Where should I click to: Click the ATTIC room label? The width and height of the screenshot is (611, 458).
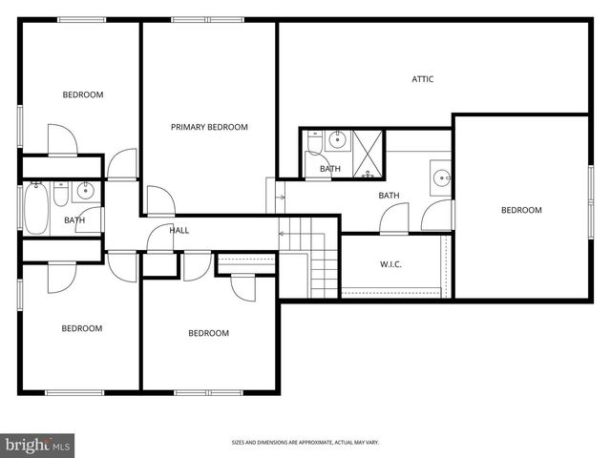(x=422, y=79)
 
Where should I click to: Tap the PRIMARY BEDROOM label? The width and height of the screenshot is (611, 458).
(x=209, y=127)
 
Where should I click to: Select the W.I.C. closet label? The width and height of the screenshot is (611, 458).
(x=390, y=264)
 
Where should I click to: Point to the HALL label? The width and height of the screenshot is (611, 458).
(x=179, y=230)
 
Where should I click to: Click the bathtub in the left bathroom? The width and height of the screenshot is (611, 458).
(x=37, y=208)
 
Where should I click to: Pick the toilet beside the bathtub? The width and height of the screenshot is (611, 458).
(x=60, y=196)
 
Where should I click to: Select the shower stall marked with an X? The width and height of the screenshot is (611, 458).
(x=368, y=148)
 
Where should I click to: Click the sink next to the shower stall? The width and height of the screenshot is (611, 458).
(x=337, y=141)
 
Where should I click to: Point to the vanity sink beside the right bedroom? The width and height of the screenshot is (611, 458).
(x=441, y=177)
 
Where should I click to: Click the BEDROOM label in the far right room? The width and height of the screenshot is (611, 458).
(x=521, y=210)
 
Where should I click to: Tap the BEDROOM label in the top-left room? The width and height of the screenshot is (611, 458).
(x=82, y=94)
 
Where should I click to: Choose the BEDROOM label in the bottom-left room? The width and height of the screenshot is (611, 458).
(x=81, y=328)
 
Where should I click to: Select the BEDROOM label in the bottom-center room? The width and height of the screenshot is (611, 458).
(x=208, y=333)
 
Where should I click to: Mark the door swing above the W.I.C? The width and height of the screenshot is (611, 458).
(x=393, y=220)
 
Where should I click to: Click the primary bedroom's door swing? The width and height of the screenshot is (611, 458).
(x=158, y=200)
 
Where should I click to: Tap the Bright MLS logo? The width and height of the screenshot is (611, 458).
(x=38, y=445)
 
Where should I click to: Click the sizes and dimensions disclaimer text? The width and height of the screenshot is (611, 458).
(x=305, y=443)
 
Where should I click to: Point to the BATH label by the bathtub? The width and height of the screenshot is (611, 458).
(x=74, y=220)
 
